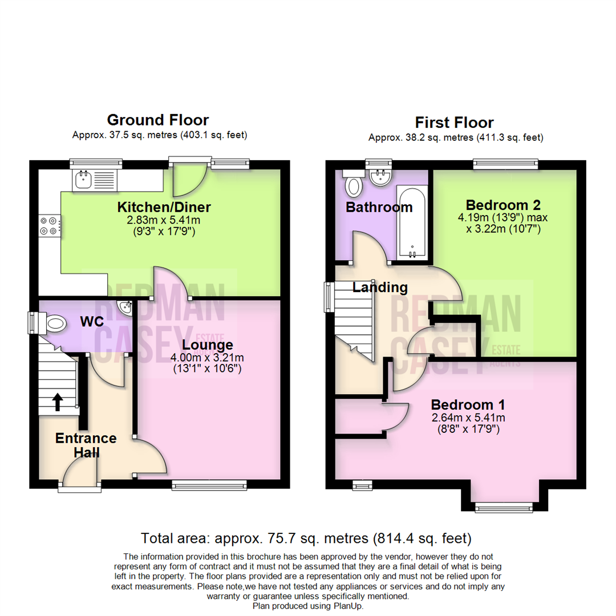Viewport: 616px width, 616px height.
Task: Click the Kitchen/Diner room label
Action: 164,206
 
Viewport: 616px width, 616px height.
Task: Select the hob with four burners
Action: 48,226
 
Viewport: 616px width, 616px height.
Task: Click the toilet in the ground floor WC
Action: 55,324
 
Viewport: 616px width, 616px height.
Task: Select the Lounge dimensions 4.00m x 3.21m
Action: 208,358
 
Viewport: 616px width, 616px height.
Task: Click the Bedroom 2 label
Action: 503,205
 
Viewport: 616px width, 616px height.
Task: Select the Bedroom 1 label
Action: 468,405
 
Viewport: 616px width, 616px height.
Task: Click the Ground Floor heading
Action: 158,120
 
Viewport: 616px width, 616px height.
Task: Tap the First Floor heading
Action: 454,122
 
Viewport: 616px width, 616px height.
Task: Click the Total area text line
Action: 306,537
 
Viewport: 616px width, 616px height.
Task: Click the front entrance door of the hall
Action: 80,476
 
